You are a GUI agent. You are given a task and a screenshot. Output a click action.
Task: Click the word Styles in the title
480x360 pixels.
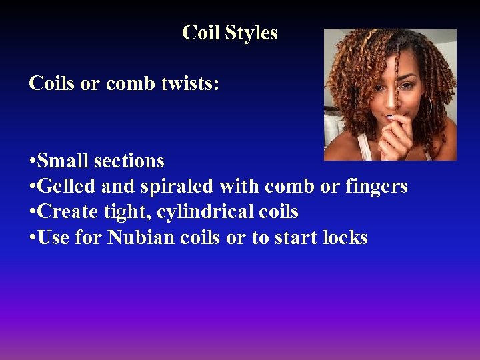(x=251, y=33)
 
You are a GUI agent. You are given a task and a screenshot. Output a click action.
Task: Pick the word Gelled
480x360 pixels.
(x=67, y=187)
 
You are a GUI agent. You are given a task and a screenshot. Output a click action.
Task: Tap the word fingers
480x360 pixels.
(x=376, y=187)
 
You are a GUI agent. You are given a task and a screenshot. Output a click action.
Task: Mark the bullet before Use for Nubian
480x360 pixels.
(x=32, y=238)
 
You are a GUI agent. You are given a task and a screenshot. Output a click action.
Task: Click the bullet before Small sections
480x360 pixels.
(x=32, y=161)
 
